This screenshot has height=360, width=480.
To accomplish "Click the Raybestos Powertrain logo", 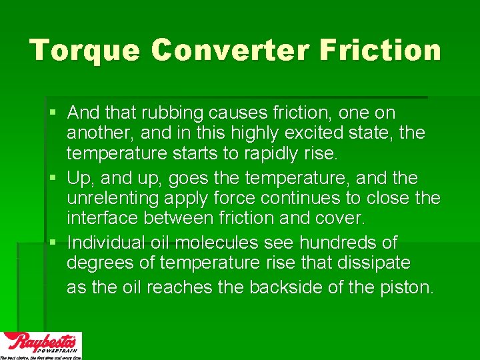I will [x=41, y=345].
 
